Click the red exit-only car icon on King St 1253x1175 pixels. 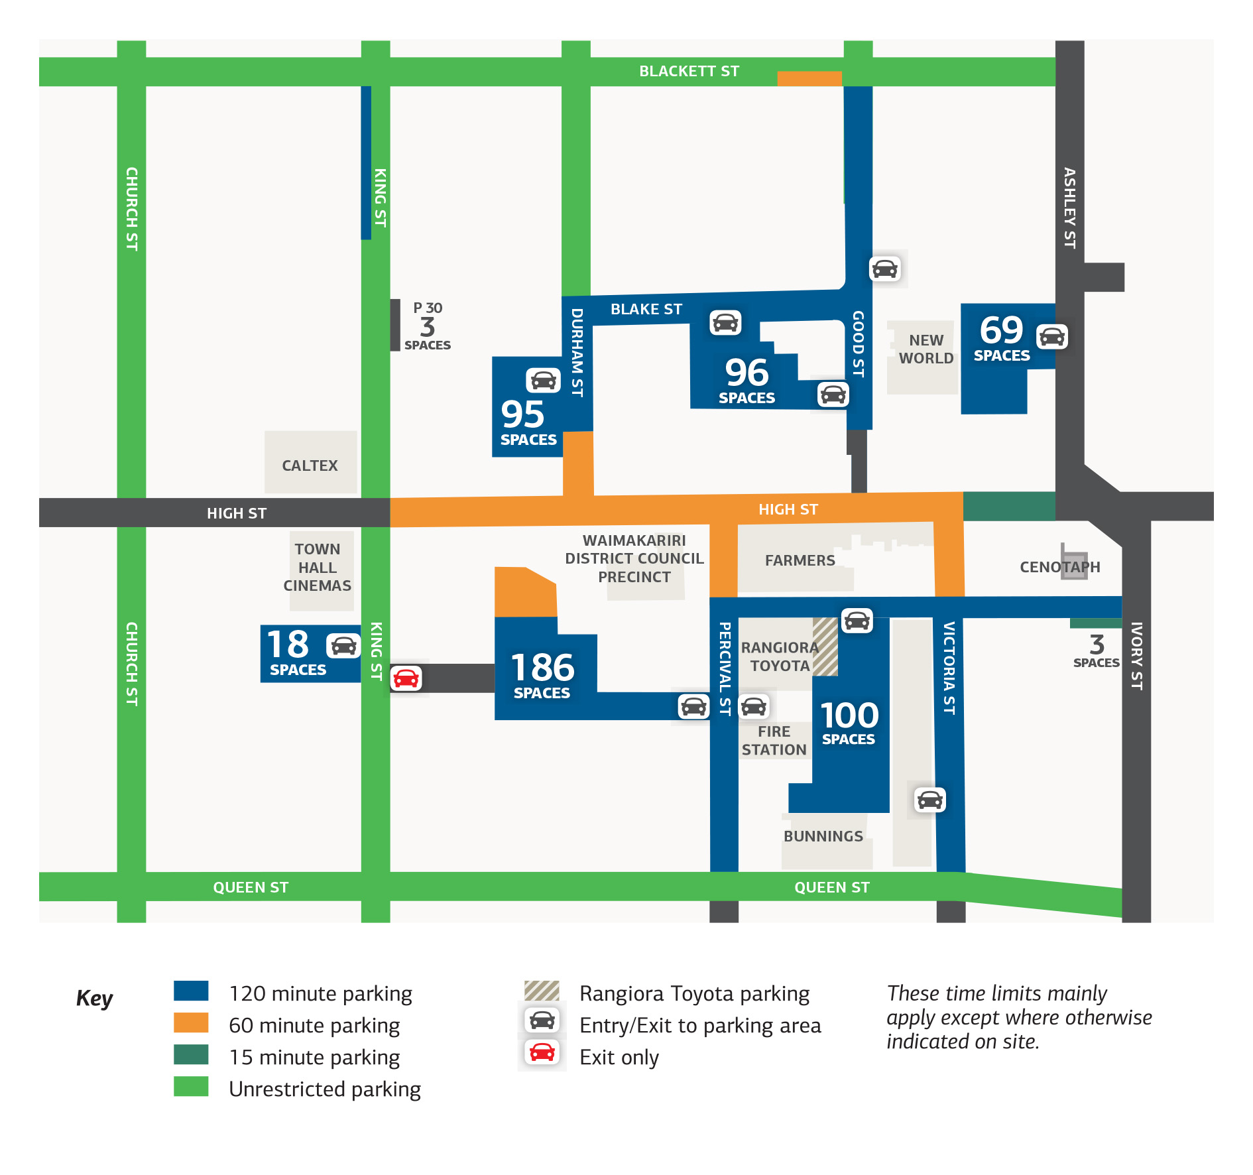click(406, 678)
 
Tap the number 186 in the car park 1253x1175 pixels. click(542, 667)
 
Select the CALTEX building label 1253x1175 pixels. click(310, 465)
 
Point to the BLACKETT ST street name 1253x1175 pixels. click(689, 71)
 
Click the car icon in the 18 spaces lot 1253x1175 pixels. click(343, 645)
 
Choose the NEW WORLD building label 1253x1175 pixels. click(925, 349)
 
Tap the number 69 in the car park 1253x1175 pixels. click(1001, 330)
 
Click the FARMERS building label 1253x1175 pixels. click(800, 560)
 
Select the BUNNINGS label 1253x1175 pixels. click(823, 836)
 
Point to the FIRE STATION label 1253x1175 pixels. click(774, 741)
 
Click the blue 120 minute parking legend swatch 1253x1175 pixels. click(191, 991)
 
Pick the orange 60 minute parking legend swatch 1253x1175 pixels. click(191, 1022)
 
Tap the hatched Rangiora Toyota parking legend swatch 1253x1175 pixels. click(542, 991)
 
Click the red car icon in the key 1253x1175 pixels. click(542, 1052)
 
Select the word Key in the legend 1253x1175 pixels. click(94, 998)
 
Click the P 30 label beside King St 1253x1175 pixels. click(428, 308)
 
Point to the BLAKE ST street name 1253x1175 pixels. click(646, 309)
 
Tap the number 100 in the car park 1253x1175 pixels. click(849, 715)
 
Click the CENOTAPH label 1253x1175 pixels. click(1059, 567)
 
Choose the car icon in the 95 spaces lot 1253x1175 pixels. click(543, 380)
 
